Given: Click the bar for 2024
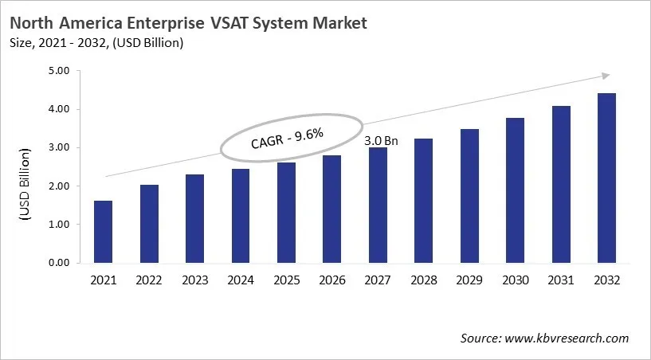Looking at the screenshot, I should point(241,216).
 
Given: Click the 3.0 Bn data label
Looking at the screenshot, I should point(381,141).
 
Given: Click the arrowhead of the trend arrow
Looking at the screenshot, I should point(606,75).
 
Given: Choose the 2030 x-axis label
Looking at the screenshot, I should point(516,280).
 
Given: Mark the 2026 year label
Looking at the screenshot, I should point(333,280).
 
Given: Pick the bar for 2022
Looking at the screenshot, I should point(149,224).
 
